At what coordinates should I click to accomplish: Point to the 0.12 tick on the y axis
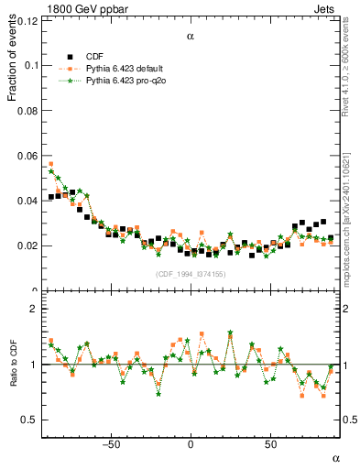(28, 20)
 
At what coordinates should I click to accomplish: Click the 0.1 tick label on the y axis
(31, 65)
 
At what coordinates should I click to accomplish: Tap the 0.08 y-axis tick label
(28, 110)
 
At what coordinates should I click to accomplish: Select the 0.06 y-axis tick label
(28, 156)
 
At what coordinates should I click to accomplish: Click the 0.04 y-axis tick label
(28, 201)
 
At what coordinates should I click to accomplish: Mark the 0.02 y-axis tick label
(28, 245)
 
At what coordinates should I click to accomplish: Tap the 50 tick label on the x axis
(270, 445)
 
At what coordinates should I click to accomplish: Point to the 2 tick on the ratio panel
(34, 309)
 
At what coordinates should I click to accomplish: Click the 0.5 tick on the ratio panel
(30, 420)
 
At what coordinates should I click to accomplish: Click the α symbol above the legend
(191, 38)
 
